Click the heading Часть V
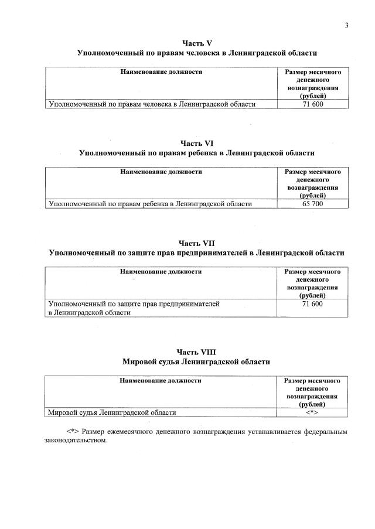pos(197,43)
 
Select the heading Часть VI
pos(197,142)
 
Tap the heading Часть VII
pos(197,243)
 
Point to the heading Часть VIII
pos(197,351)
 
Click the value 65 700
pos(312,204)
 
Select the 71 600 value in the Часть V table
pos(312,104)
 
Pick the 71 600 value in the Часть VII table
pos(312,304)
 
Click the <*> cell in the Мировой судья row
pos(312,412)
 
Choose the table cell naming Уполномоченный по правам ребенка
pos(151,204)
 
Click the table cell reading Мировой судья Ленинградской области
pos(112,412)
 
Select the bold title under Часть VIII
pos(197,362)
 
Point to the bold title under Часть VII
pos(197,252)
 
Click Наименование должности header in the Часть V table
pos(161,71)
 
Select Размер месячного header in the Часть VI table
pos(312,172)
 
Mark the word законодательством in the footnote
pos(76,441)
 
